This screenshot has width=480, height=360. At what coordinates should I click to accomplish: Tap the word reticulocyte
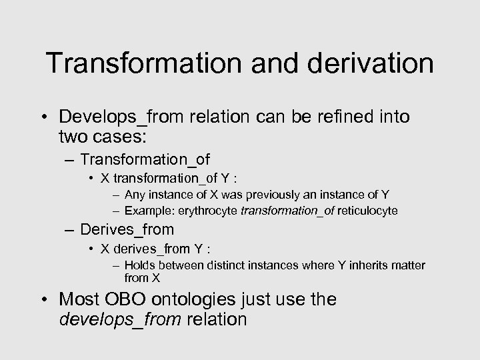coord(367,211)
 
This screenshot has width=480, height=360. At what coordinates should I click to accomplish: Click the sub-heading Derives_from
coord(127,230)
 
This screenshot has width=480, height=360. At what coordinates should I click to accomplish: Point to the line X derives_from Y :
coord(155,249)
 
